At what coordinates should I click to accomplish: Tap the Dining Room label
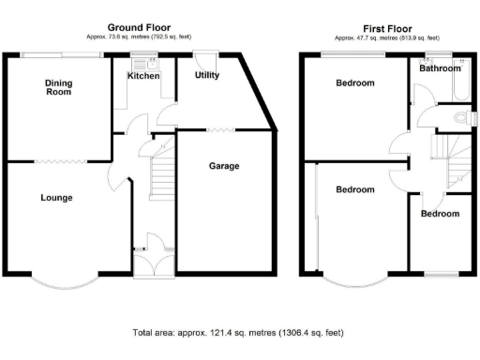pyautogui.click(x=59, y=87)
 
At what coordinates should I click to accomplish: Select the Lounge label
pyautogui.click(x=56, y=198)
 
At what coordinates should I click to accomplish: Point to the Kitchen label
pyautogui.click(x=144, y=76)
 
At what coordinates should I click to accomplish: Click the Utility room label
pyautogui.click(x=207, y=75)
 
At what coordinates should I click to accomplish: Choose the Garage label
pyautogui.click(x=223, y=166)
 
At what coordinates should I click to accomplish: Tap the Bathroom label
pyautogui.click(x=440, y=68)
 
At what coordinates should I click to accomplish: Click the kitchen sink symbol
pyautogui.click(x=142, y=64)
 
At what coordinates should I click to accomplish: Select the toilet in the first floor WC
pyautogui.click(x=458, y=118)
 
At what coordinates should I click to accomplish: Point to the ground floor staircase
pyautogui.click(x=163, y=172)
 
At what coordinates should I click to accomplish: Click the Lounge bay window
pyautogui.click(x=60, y=280)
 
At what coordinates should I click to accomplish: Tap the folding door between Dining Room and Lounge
pyautogui.click(x=58, y=160)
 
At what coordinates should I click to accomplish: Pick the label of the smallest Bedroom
pyautogui.click(x=440, y=214)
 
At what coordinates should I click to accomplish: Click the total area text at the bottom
pyautogui.click(x=239, y=332)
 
